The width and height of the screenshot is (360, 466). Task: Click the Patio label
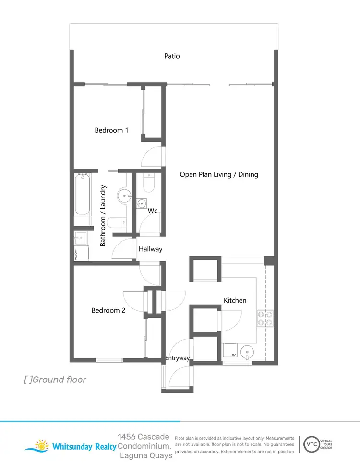(172, 56)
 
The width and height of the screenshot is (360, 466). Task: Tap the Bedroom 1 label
(111, 130)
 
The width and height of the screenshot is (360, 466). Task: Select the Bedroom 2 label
(108, 311)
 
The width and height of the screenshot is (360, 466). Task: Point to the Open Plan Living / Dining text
(219, 175)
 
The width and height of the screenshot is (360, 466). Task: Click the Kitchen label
(235, 301)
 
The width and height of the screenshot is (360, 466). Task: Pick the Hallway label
(151, 249)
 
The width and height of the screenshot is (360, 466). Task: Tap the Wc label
(153, 211)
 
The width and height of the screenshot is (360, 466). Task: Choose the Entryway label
(177, 358)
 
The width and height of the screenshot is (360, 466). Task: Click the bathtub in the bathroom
(82, 195)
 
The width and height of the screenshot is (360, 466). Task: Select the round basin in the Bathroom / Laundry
(124, 196)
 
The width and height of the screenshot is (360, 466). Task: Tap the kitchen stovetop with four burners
(265, 319)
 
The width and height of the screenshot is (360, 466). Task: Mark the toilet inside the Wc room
(148, 184)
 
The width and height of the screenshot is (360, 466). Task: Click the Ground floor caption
(55, 380)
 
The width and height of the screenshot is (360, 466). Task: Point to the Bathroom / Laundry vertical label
(103, 216)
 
